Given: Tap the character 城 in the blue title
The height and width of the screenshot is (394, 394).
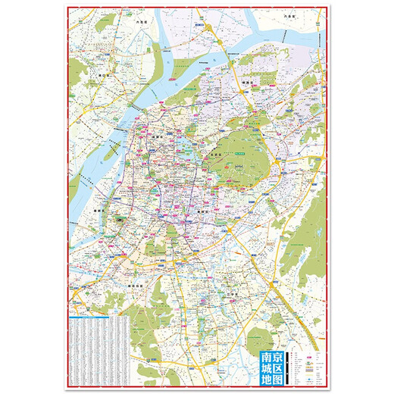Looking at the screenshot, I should [x=267, y=371].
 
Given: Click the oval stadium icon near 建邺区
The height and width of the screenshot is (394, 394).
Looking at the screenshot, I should [x=119, y=218].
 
